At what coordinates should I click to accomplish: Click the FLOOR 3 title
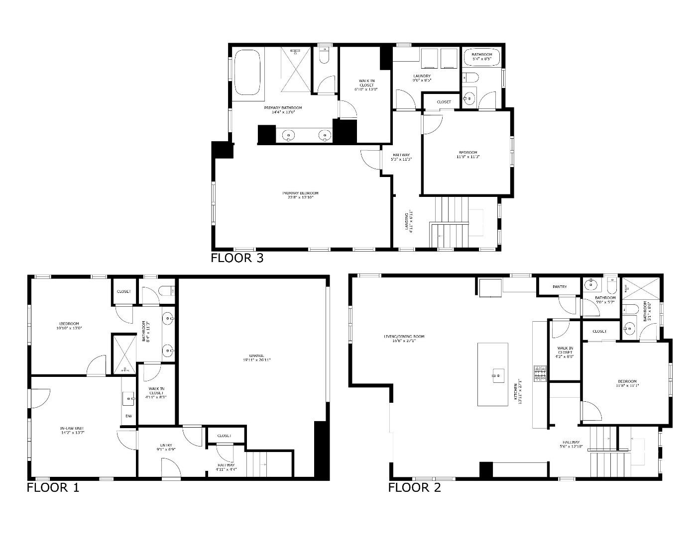237,258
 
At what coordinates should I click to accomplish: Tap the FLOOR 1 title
53,487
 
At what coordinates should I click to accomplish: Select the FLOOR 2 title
414,487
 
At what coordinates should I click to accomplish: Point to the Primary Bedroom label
300,195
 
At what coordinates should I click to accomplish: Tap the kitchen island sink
496,374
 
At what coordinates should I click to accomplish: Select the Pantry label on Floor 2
560,287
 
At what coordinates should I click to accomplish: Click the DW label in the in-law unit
128,416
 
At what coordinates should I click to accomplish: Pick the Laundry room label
422,78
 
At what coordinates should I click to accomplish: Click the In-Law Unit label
73,430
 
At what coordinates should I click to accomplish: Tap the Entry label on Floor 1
166,447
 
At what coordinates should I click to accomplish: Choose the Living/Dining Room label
404,339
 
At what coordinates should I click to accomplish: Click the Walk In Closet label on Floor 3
366,85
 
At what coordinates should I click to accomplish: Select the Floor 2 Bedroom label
626,383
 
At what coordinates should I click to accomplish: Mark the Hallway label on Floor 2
571,444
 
